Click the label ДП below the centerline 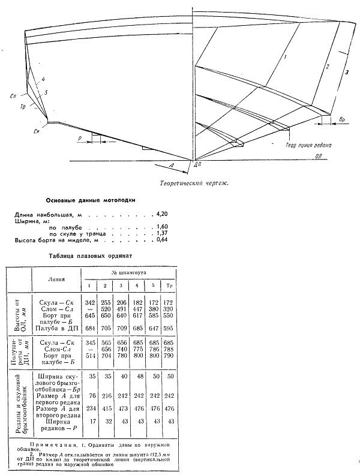tap(197, 164)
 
